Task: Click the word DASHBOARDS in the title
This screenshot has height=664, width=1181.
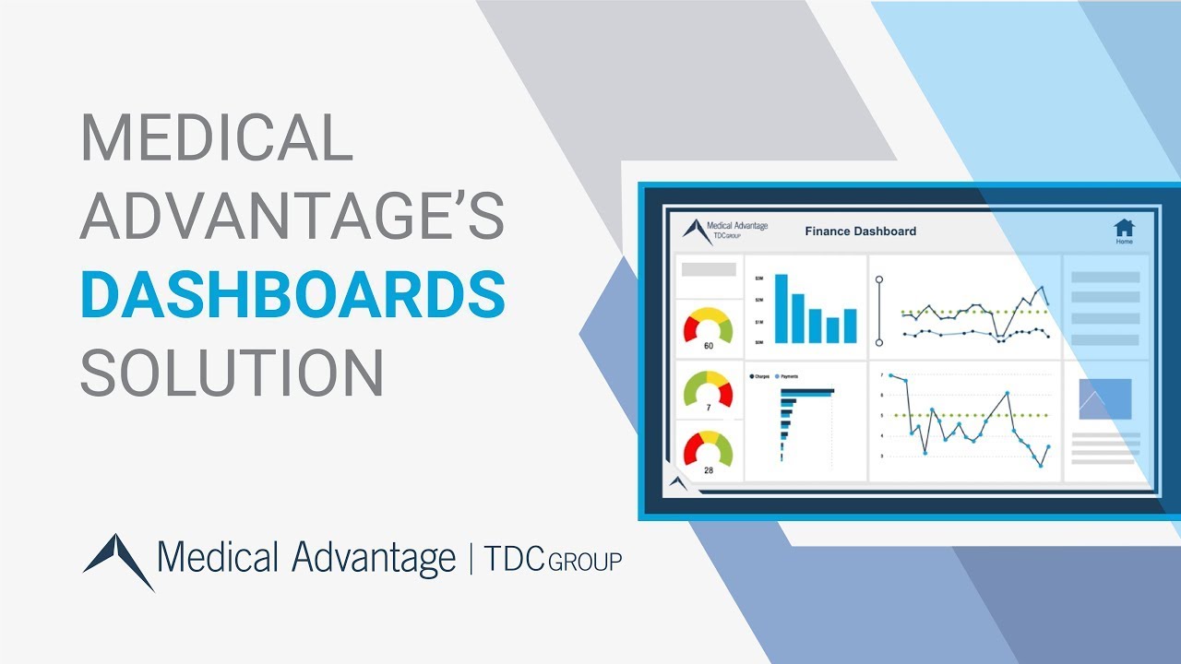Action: [292, 295]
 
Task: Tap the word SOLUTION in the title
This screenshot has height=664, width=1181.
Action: [232, 373]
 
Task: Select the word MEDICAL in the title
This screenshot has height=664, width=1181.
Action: [217, 139]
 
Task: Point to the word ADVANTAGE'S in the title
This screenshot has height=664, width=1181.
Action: [292, 217]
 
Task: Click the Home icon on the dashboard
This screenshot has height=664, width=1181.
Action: [1124, 229]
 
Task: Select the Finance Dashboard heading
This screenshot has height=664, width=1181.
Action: [860, 231]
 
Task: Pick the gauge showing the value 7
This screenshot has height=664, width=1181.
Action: [708, 391]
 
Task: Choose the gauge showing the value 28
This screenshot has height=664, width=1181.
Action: [708, 452]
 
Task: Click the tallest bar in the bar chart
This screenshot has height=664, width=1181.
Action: [781, 308]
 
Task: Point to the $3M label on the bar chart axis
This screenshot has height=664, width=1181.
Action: [758, 278]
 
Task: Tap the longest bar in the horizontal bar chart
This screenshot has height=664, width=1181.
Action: [807, 391]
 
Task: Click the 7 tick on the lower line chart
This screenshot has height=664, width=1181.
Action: [881, 375]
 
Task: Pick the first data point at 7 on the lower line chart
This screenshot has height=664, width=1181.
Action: [890, 375]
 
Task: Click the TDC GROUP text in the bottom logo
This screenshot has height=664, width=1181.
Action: [553, 559]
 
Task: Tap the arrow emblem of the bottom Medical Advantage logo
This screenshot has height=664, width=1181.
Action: [119, 559]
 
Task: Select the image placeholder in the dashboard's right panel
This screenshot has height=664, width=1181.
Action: [1104, 399]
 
